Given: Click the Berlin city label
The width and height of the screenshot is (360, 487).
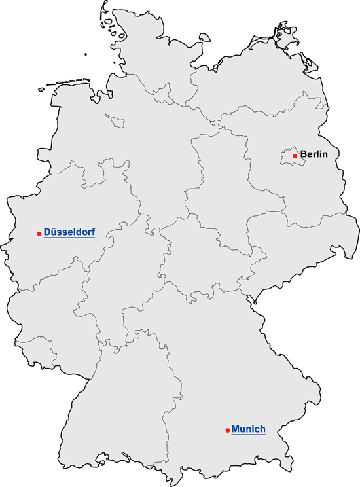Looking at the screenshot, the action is pyautogui.click(x=313, y=155).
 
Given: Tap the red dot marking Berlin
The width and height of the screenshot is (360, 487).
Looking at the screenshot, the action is pyautogui.click(x=295, y=156).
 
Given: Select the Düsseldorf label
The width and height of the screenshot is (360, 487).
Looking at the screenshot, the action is pyautogui.click(x=69, y=232).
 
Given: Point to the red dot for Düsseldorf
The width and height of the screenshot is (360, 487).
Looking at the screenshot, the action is pyautogui.click(x=39, y=233).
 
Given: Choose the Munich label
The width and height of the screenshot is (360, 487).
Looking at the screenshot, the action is pyautogui.click(x=248, y=429).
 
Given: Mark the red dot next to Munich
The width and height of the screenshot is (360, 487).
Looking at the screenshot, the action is pyautogui.click(x=227, y=430).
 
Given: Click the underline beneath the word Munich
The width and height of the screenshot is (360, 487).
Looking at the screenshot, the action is pyautogui.click(x=248, y=435).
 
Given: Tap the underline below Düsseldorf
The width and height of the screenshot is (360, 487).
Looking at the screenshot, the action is pyautogui.click(x=69, y=238).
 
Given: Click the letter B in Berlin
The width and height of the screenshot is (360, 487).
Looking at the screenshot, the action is pyautogui.click(x=303, y=155).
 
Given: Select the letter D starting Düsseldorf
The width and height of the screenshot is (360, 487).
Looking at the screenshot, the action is pyautogui.click(x=47, y=232).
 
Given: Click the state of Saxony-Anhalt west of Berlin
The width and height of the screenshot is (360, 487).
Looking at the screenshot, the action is pyautogui.click(x=223, y=177).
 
